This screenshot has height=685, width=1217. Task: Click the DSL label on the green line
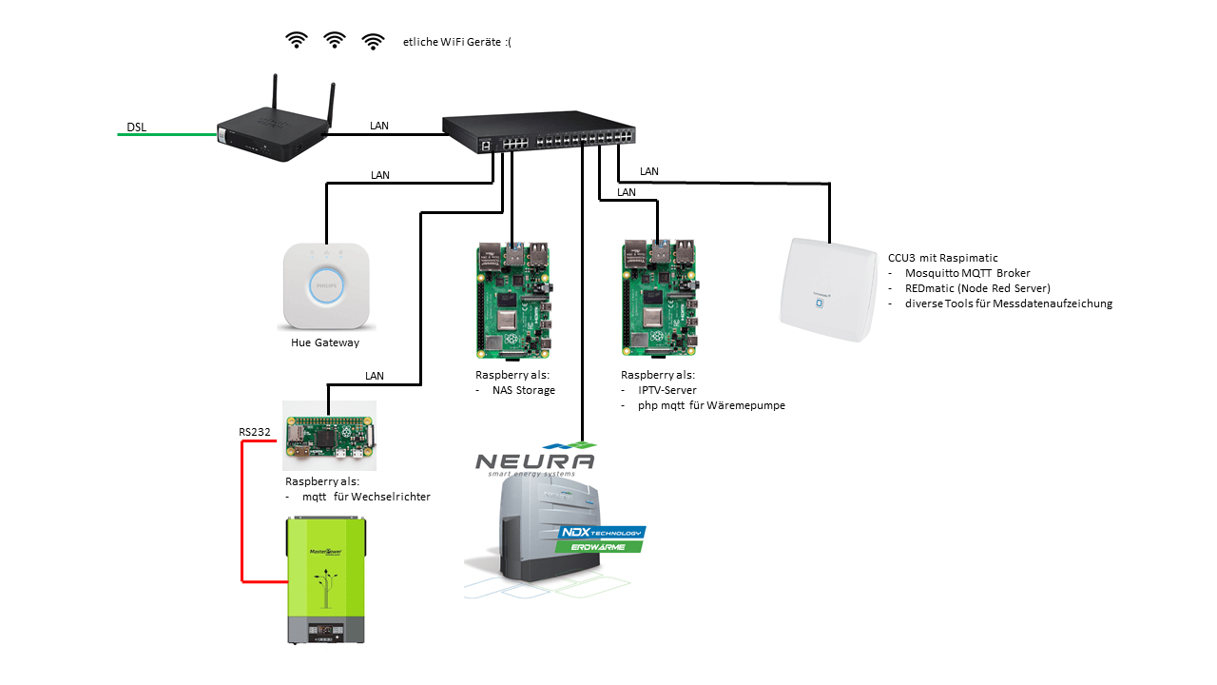(136, 127)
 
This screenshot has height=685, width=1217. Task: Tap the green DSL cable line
(166, 134)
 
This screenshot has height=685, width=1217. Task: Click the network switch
(539, 132)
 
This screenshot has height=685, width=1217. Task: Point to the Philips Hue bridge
(326, 286)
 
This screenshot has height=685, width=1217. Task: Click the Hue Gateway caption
(325, 342)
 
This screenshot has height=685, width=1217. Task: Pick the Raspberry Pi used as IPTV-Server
(660, 299)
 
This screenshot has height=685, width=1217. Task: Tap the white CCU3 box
(828, 290)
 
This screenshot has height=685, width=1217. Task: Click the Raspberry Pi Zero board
(329, 436)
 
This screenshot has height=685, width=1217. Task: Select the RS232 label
(254, 432)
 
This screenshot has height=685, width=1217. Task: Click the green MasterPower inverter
(326, 580)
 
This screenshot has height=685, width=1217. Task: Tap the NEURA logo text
(535, 461)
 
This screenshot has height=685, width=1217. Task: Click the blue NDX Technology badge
(602, 532)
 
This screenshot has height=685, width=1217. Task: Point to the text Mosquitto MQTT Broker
(968, 273)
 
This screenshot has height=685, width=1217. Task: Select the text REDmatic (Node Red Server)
(978, 288)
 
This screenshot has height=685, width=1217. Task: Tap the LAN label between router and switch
(379, 126)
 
